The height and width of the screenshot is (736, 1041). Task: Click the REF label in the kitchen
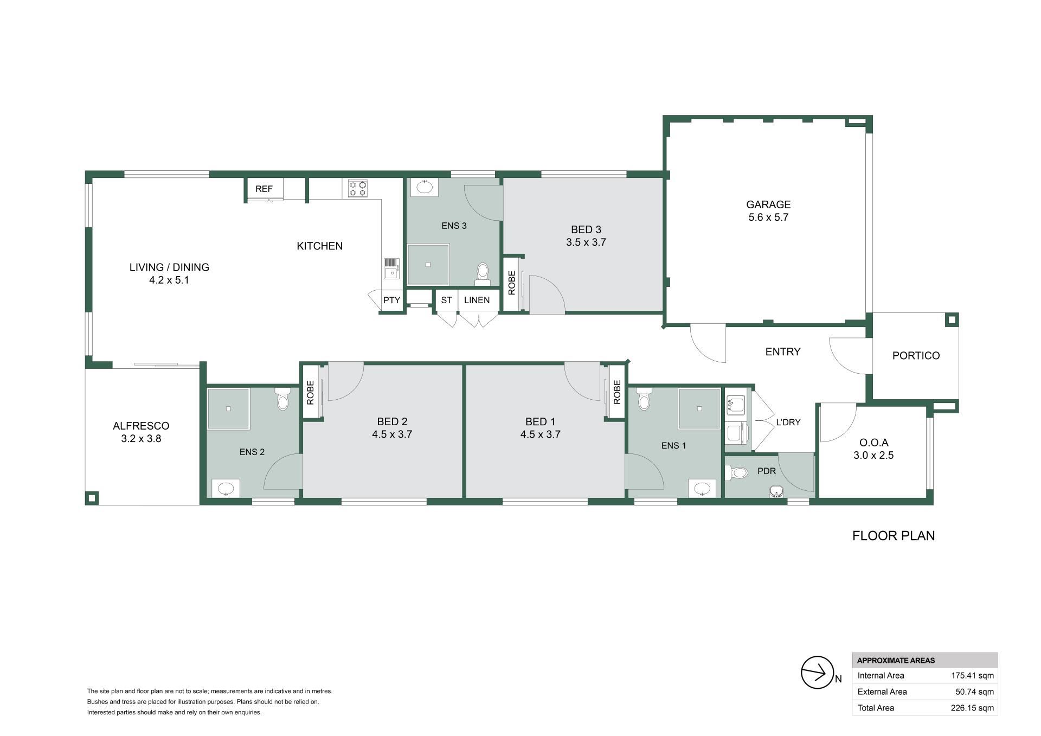(264, 189)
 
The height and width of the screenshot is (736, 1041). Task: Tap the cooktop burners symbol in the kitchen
(358, 188)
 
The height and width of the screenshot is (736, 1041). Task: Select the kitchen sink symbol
(391, 268)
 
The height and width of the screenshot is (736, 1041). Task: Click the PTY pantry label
(391, 300)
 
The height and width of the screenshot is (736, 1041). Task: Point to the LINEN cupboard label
(477, 300)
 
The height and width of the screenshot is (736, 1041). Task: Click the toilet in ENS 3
(482, 274)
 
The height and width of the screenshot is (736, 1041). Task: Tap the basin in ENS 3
(425, 187)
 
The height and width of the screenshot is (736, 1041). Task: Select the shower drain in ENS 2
(229, 408)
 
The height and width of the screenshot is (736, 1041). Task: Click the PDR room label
(767, 471)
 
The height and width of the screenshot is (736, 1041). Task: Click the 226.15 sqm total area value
(972, 707)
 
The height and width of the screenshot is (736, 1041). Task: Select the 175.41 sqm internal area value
(972, 675)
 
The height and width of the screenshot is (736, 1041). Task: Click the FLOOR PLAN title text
(894, 536)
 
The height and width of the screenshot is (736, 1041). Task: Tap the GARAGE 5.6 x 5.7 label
(768, 211)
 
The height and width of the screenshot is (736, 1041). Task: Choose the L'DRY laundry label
(788, 422)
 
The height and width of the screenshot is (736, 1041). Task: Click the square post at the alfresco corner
(92, 497)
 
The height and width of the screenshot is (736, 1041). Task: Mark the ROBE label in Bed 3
(511, 283)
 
